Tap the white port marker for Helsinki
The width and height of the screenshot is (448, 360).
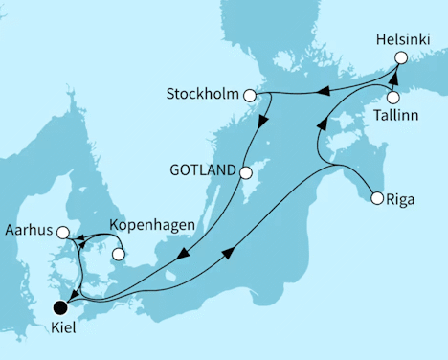[401, 57]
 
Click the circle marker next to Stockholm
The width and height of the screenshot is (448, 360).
[250, 96]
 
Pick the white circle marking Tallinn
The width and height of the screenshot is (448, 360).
[392, 97]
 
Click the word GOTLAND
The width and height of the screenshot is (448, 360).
[202, 172]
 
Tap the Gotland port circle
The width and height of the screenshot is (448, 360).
[245, 173]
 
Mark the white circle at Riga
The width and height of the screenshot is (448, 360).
[377, 199]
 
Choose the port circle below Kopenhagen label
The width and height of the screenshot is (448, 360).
[119, 255]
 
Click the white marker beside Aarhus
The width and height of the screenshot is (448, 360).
[62, 232]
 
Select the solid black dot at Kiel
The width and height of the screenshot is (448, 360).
[60, 308]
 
